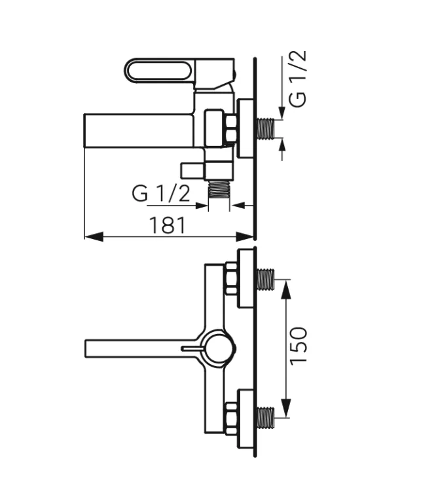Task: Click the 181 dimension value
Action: (x=167, y=225)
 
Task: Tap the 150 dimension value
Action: (x=298, y=345)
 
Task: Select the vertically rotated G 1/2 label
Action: (x=298, y=79)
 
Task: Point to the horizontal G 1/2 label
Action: (x=161, y=193)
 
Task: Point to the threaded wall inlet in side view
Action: (x=266, y=129)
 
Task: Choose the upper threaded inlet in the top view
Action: (x=265, y=280)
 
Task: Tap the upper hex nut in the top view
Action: (x=231, y=280)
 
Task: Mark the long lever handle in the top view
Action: (x=134, y=348)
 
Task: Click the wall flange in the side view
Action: (x=246, y=129)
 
